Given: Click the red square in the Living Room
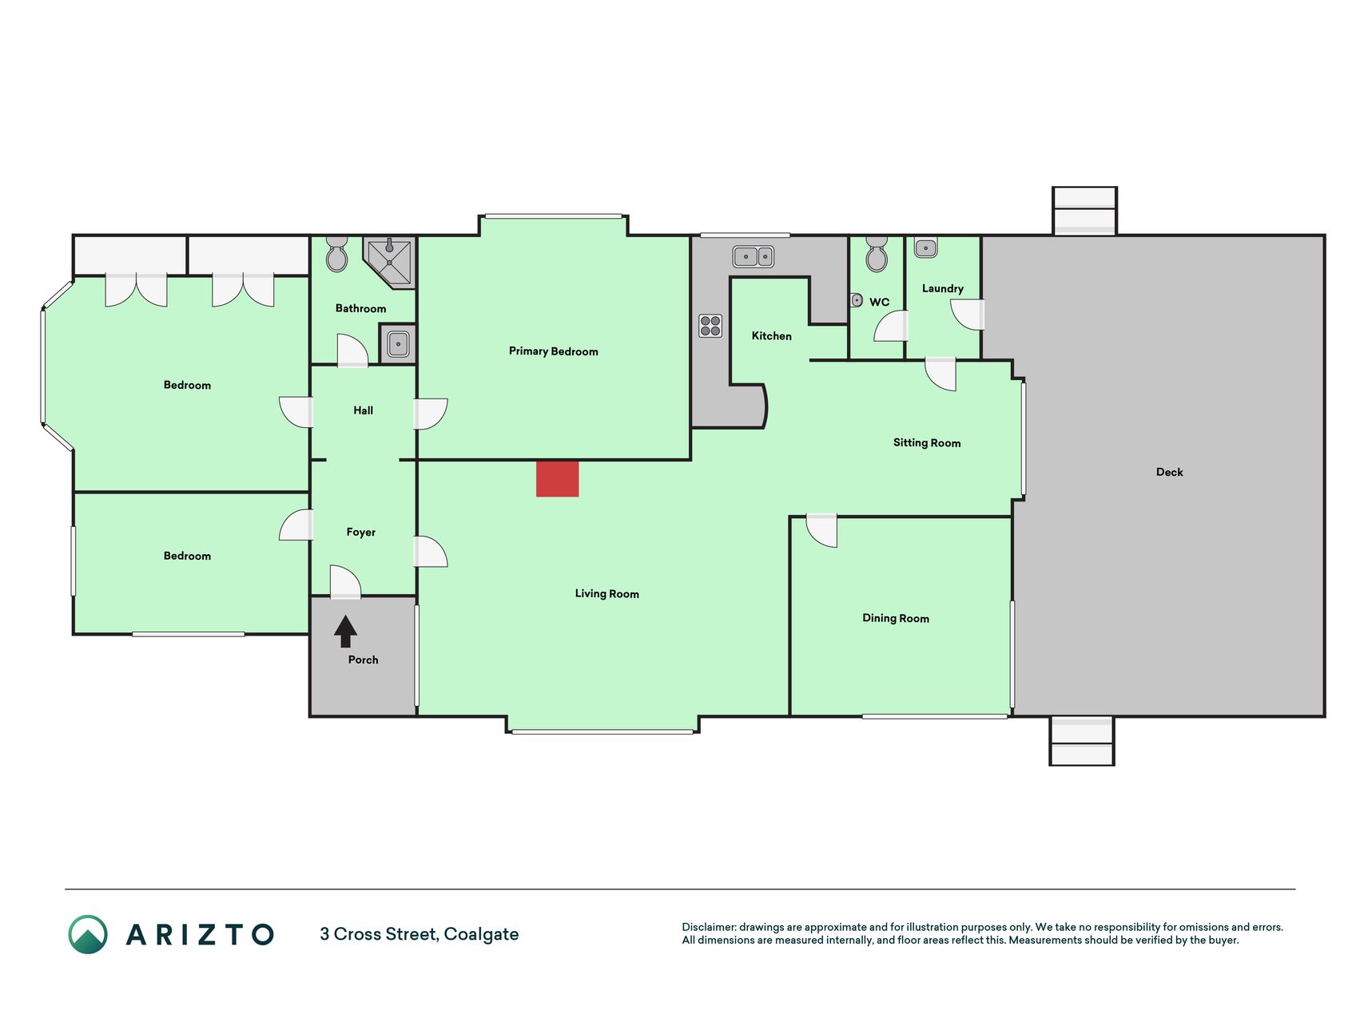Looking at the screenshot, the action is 557,478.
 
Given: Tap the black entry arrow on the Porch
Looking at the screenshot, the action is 345,631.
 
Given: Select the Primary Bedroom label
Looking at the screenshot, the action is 553,351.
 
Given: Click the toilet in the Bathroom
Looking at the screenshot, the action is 336,253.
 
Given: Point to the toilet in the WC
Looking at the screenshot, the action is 877,253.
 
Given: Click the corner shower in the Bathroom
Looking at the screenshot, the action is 389,261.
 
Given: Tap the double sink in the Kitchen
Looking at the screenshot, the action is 754,256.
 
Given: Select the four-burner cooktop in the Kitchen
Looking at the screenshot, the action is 710,326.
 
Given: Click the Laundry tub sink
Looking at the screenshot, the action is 925,248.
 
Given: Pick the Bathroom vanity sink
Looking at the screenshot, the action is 398,344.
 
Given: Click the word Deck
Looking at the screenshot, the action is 1169,472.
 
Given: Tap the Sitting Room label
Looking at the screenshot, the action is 927,443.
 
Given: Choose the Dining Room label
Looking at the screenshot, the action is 896,618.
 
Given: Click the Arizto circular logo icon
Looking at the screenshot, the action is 88,934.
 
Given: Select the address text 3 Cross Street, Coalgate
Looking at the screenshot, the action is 420,934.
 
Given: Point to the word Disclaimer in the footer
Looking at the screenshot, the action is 709,927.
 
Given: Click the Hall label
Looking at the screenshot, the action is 364,410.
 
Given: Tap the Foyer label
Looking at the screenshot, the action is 360,532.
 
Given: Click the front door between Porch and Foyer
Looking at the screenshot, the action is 345,582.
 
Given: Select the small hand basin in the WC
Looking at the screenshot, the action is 857,300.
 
